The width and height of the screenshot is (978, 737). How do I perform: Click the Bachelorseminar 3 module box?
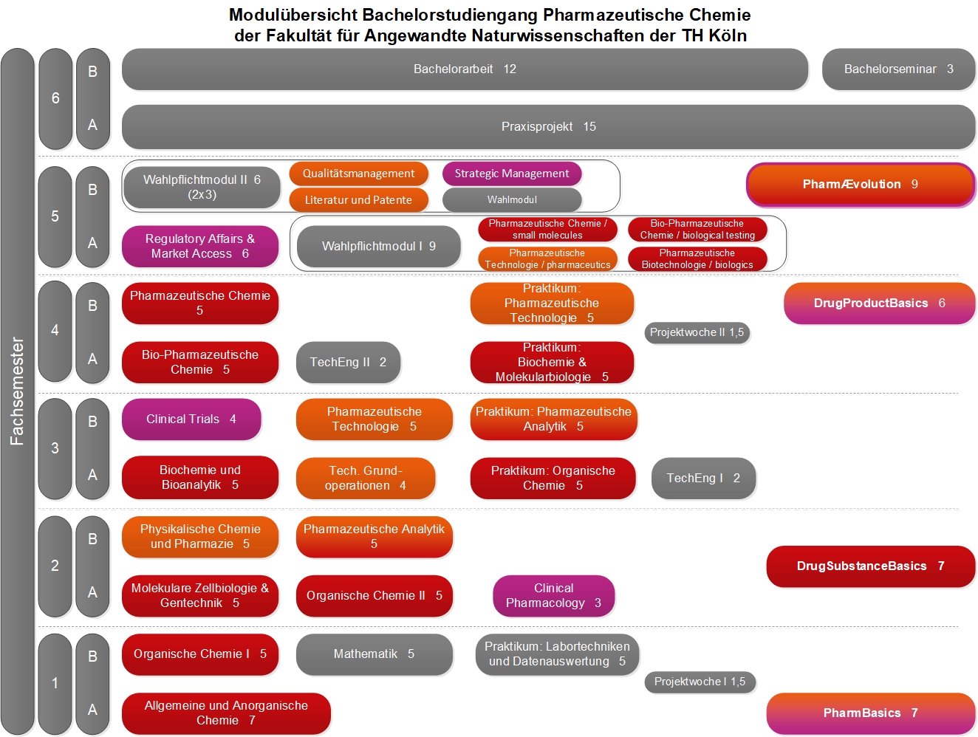click(898, 69)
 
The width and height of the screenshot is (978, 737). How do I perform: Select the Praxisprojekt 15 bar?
click(549, 127)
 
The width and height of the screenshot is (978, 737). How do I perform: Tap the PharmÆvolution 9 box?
click(861, 185)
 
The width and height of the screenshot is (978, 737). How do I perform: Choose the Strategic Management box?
click(512, 174)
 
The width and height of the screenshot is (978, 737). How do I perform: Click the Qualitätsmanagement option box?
click(359, 174)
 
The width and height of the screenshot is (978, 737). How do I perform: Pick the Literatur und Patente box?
click(359, 200)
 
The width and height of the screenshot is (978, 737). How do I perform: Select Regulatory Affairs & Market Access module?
click(200, 246)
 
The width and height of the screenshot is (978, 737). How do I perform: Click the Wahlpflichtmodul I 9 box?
click(379, 246)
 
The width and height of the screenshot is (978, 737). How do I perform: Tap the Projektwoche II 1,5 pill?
click(697, 332)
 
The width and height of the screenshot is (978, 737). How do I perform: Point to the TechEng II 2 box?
click(348, 362)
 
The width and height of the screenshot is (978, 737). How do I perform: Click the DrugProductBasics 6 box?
click(880, 304)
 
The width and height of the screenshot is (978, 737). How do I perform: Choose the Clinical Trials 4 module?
click(191, 419)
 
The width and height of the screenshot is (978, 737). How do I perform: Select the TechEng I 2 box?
click(703, 479)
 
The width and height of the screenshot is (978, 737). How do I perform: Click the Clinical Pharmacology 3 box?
click(554, 596)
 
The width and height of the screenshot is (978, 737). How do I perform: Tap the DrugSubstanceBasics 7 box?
click(871, 566)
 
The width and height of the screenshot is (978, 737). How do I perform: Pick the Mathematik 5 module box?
click(375, 654)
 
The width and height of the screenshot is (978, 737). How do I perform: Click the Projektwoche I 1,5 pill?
click(700, 682)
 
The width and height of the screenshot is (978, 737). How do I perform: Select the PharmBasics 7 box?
click(871, 713)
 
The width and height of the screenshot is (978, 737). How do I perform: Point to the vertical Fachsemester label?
click(17, 391)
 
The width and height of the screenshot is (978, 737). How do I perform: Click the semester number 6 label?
click(55, 98)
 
